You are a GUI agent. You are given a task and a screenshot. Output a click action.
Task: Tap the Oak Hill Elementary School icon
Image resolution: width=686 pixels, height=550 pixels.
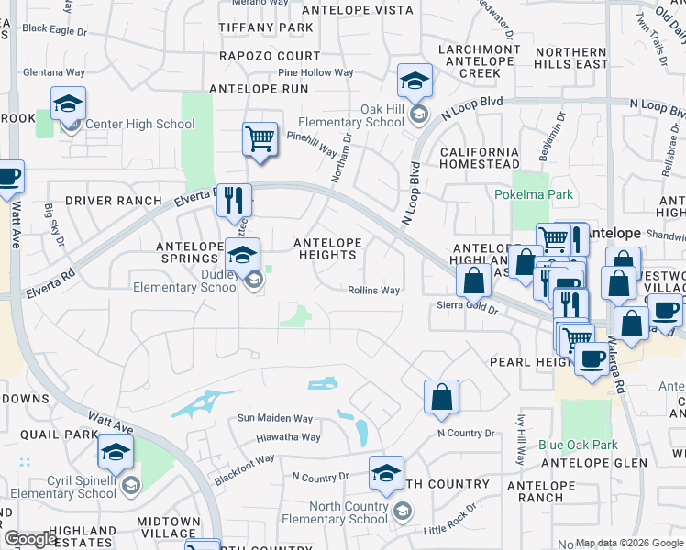pyautogui.click(x=415, y=82)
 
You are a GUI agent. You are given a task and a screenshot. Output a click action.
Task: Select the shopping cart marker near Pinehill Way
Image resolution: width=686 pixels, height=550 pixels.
pyautogui.click(x=260, y=139)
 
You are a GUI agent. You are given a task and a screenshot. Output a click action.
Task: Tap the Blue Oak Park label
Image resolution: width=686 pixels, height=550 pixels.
pyautogui.click(x=578, y=445)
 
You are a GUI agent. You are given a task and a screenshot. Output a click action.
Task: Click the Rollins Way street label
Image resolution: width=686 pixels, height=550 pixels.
pyautogui.click(x=373, y=291)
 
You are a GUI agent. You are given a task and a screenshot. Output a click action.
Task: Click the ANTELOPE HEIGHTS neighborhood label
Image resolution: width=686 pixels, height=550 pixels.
pyautogui.click(x=326, y=248)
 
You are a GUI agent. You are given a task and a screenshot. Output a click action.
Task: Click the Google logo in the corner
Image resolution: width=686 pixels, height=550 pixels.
pyautogui.click(x=29, y=539)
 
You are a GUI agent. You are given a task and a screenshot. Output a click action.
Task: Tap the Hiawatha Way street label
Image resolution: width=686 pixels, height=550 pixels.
pyautogui.click(x=288, y=438)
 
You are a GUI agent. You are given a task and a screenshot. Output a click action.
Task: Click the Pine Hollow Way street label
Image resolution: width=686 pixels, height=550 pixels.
pyautogui.click(x=315, y=72)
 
